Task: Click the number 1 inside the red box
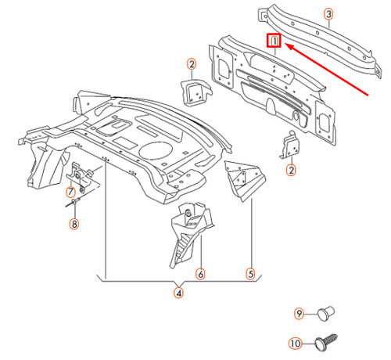pos(274,41)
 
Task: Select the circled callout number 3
pos(328,14)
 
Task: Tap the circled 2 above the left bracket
pos(191,63)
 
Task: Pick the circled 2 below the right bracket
pos(291,169)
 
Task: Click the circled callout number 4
pos(179,293)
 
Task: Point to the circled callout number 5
pos(251,274)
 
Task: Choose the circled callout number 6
pos(200,274)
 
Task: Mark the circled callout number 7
pos(70,191)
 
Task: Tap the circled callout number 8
pos(74,225)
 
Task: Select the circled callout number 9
pos(299,314)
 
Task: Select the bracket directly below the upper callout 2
pos(192,91)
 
